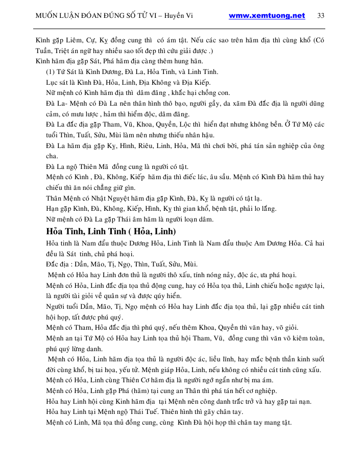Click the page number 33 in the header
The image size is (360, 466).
[x=321, y=15]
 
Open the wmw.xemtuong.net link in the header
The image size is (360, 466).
[x=267, y=15]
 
